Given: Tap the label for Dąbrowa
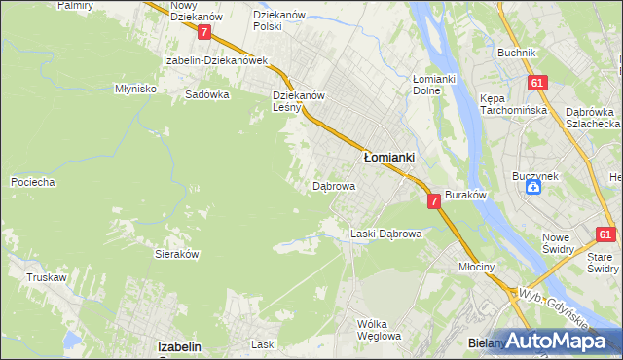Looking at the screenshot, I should pyautogui.click(x=333, y=185).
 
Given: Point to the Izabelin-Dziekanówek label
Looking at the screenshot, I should pyautogui.click(x=215, y=60).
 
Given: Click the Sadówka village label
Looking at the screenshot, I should pyautogui.click(x=206, y=95).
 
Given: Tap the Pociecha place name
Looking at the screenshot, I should pyautogui.click(x=32, y=182).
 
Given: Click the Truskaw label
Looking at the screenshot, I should pyautogui.click(x=47, y=277).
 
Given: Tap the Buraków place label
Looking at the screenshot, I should pyautogui.click(x=465, y=196).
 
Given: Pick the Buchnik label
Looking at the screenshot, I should pyautogui.click(x=516, y=53).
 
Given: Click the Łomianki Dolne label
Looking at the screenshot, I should pyautogui.click(x=434, y=85).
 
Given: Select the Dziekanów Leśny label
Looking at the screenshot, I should pyautogui.click(x=298, y=102).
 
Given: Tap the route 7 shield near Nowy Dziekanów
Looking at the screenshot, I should pyautogui.click(x=203, y=32).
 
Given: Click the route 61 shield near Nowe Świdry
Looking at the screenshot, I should pyautogui.click(x=605, y=234).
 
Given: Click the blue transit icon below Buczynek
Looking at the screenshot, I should pyautogui.click(x=533, y=188).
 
